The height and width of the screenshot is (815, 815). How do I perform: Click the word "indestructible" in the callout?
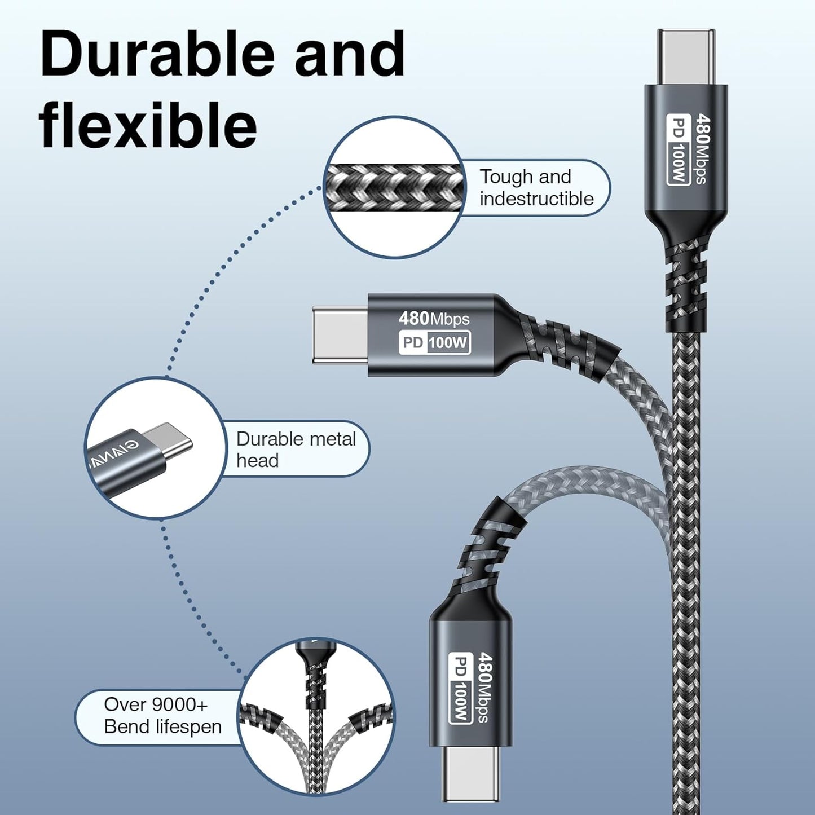536,199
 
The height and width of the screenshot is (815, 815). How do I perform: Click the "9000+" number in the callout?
180,704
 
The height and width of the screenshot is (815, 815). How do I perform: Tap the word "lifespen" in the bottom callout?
189,726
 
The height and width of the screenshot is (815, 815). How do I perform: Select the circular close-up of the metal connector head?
155,448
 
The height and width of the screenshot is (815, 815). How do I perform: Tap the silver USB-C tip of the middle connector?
341,334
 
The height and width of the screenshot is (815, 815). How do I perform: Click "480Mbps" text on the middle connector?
434,319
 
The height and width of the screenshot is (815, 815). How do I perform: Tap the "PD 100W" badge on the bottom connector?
460,688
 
